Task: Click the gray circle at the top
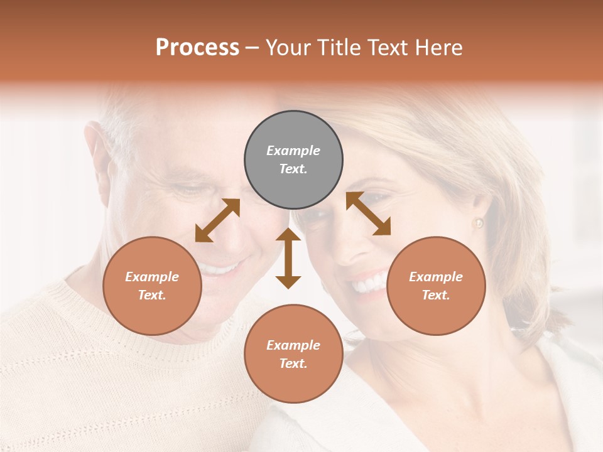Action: click(293, 159)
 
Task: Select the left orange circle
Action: click(152, 286)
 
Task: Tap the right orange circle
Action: click(436, 286)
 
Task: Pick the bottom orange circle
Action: click(293, 354)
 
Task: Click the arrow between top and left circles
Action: click(217, 220)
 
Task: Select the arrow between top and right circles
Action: click(368, 213)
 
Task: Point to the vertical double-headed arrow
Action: click(288, 258)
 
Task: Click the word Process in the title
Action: click(197, 48)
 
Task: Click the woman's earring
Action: click(479, 223)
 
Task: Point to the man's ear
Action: click(99, 157)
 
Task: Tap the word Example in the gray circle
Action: click(293, 151)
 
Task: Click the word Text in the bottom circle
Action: click(293, 363)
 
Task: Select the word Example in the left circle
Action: click(152, 277)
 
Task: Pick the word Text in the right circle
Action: click(435, 295)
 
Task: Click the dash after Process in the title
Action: click(252, 48)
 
